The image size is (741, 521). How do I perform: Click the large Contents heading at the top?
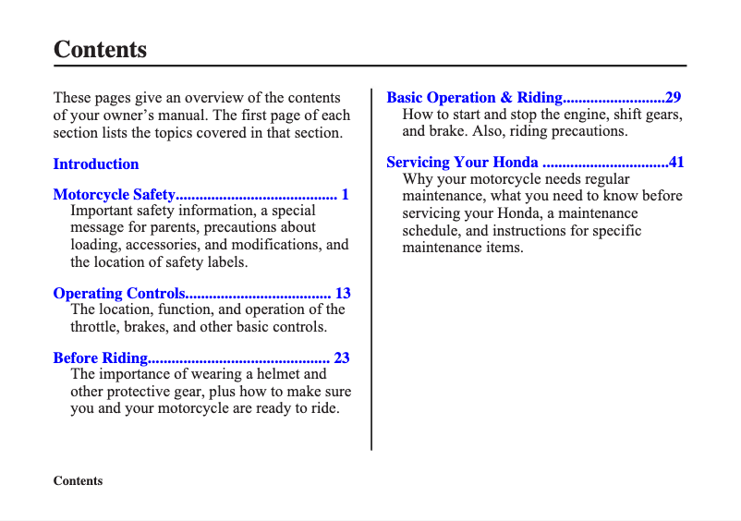pos(100,49)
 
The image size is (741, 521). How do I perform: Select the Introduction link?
pos(96,164)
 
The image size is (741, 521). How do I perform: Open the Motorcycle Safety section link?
pos(114,194)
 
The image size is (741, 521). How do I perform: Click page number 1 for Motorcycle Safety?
pos(345,194)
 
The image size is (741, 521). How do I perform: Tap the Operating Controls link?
pos(119,294)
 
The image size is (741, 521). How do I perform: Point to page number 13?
pos(343,294)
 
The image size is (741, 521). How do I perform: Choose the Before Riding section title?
pos(100,357)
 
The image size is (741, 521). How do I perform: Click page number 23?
pos(342,357)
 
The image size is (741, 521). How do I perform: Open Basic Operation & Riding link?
pos(474,97)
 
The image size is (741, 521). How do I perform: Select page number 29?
pos(674,97)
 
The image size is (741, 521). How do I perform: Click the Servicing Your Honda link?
pos(462,163)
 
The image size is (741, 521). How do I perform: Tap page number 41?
pos(676,163)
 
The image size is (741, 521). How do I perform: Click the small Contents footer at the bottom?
pos(78,481)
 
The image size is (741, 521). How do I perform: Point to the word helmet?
pos(279,374)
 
